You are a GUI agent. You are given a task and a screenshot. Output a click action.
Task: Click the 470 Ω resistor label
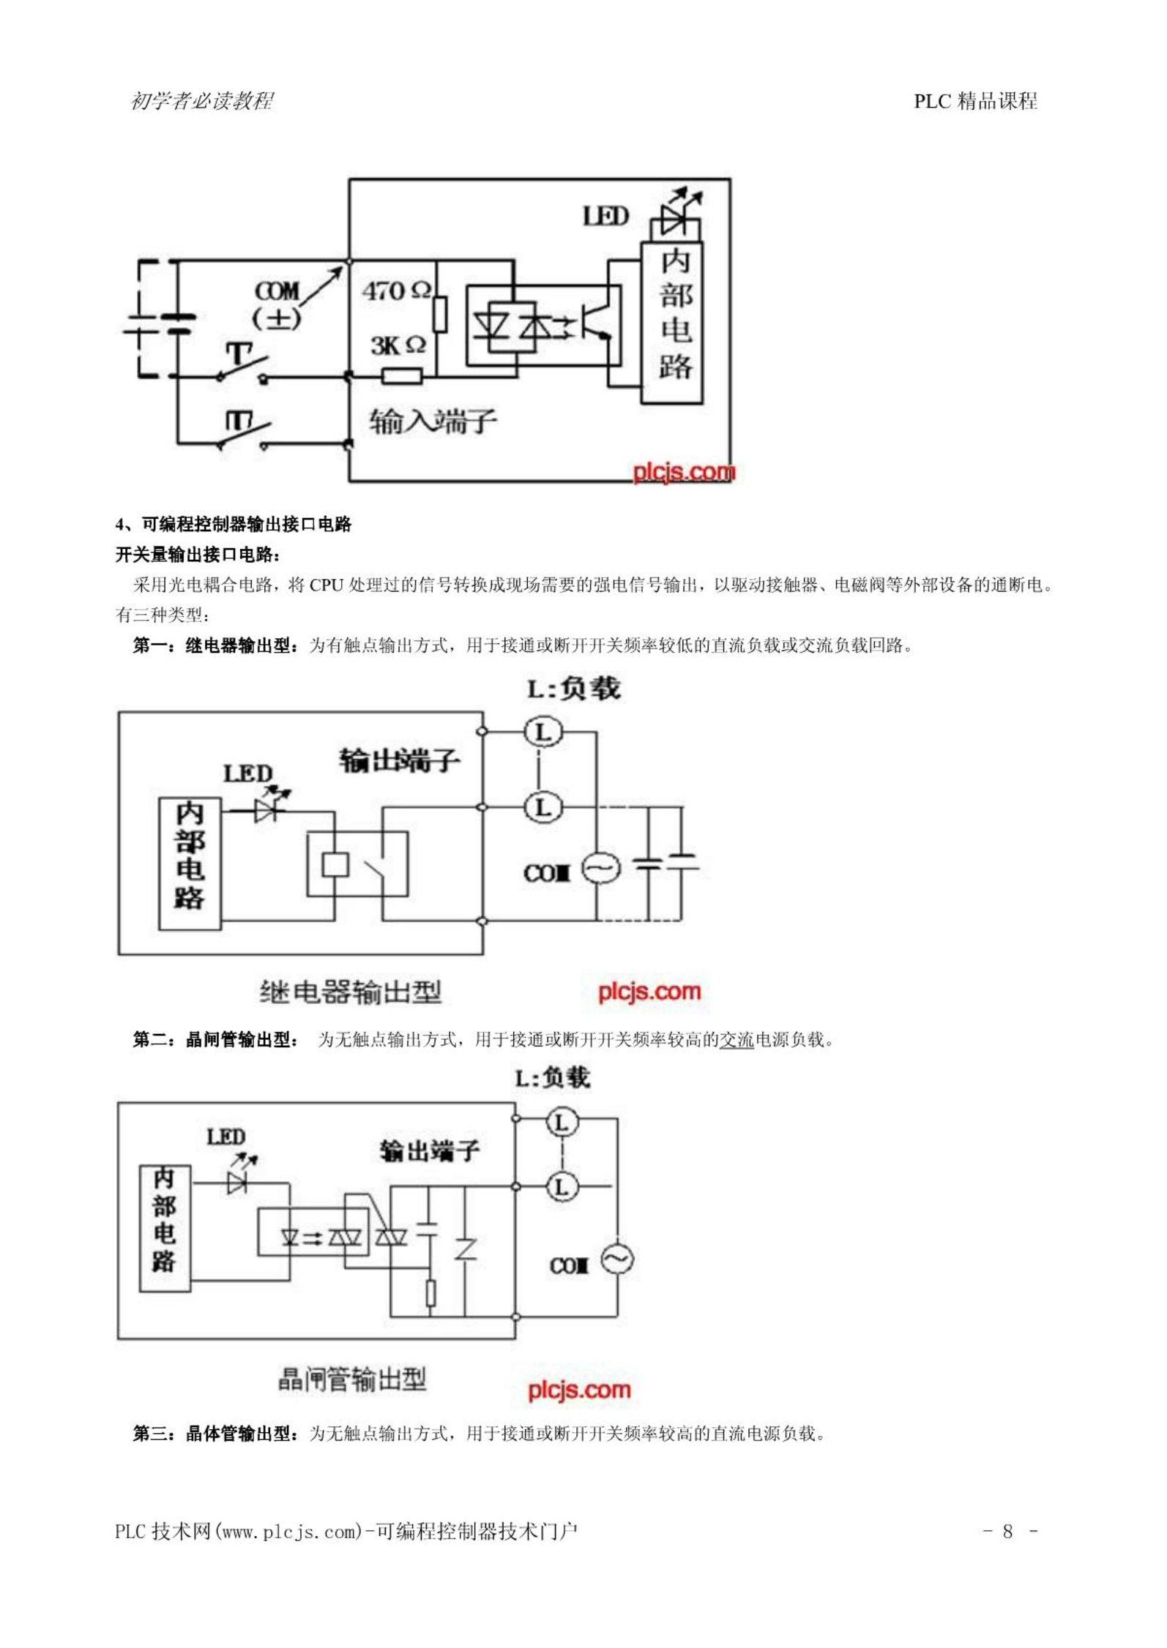pos(396,291)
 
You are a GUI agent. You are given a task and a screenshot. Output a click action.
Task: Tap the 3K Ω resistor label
pos(398,345)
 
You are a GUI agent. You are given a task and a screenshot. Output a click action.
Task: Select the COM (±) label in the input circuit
pos(277,304)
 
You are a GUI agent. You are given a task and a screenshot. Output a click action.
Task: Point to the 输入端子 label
pos(433,422)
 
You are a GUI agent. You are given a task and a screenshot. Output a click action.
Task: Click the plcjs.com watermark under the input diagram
pos(684,472)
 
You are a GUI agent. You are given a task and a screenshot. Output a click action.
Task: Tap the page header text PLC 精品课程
pos(975,101)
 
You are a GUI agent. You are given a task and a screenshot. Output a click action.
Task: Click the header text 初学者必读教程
pos(202,101)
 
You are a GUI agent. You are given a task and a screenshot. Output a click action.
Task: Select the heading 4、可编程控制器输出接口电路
pos(234,524)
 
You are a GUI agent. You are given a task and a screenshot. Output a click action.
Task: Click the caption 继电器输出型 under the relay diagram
pos(351,992)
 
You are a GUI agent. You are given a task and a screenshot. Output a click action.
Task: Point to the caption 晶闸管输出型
pos(352,1379)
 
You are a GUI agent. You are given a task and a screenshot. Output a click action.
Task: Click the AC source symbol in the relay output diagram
pos(601,869)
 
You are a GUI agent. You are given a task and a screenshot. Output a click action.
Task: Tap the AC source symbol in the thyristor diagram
pos(617,1259)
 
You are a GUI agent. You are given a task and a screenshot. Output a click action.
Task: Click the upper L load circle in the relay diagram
pos(543,731)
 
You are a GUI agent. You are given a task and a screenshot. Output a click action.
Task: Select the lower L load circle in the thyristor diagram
pos(562,1186)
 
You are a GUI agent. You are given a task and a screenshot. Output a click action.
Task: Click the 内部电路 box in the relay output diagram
pos(190,864)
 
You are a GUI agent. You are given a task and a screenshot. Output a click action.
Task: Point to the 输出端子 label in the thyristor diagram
pos(429,1151)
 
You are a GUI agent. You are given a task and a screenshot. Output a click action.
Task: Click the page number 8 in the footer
pos(1007,1531)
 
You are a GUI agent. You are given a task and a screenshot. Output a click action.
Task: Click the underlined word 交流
pos(737,1039)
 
